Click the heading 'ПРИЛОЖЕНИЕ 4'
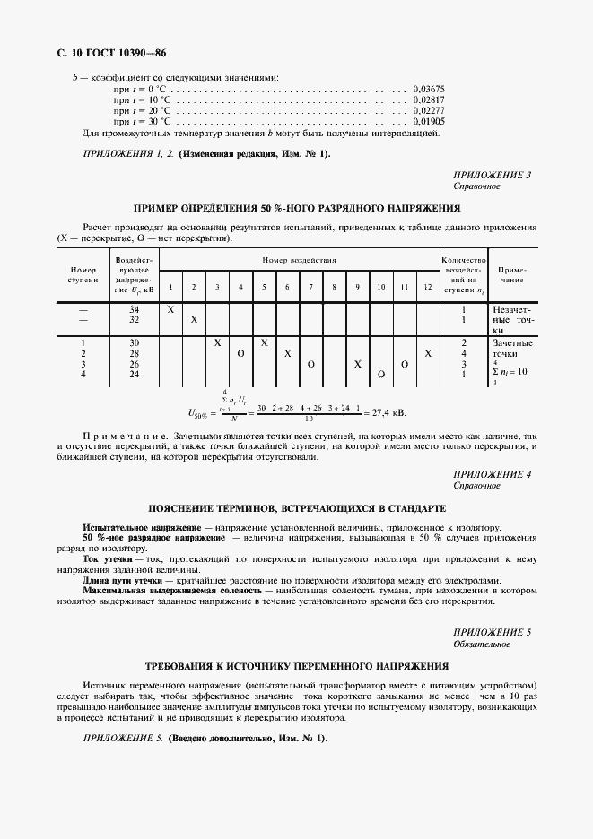coord(493,473)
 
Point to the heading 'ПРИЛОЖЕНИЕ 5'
coord(493,632)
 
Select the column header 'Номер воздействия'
coord(299,260)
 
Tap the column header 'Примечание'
coord(512,273)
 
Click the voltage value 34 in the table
coord(135,308)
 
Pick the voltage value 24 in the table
coord(135,374)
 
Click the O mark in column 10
coord(381,374)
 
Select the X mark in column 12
coord(428,353)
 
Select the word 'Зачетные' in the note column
coord(513,342)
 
